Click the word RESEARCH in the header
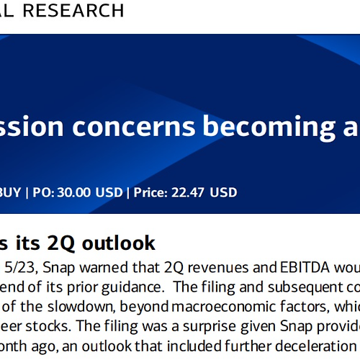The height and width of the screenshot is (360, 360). (x=73, y=11)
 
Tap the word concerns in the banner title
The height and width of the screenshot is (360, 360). (x=134, y=126)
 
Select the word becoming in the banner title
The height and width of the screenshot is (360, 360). (x=269, y=127)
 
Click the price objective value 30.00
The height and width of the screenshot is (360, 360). (x=74, y=192)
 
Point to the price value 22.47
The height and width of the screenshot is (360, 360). (x=187, y=192)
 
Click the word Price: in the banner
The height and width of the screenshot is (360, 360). (x=150, y=192)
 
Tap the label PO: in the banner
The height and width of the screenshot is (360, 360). (x=43, y=192)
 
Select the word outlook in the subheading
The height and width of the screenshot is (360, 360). (x=119, y=243)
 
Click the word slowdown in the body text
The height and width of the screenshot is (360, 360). (x=81, y=307)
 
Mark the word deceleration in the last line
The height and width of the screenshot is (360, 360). (x=315, y=346)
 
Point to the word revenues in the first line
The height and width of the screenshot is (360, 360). (x=218, y=268)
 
